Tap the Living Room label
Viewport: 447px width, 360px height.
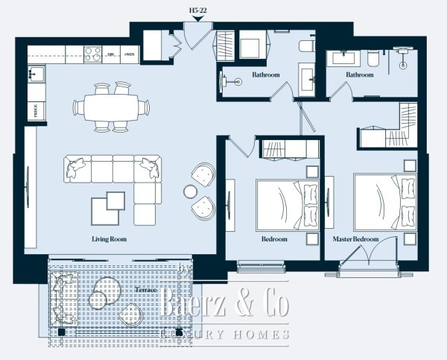click(x=109, y=239)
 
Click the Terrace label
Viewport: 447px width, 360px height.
click(x=147, y=288)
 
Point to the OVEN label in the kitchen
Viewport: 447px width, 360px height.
click(x=130, y=54)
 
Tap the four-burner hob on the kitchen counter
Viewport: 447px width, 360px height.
click(x=93, y=54)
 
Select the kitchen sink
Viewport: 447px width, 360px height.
click(x=35, y=74)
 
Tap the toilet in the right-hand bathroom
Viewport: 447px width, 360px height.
click(x=373, y=58)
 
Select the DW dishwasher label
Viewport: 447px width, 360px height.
click(x=111, y=54)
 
